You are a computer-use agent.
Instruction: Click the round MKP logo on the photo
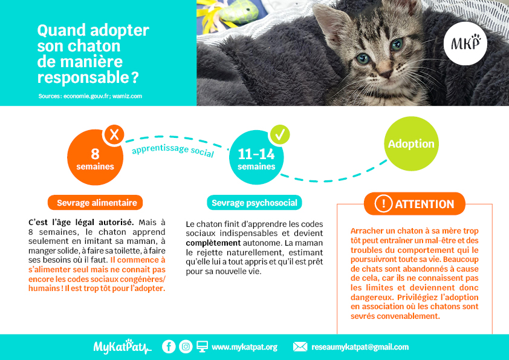click(x=465, y=44)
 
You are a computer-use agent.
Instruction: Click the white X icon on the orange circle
click(x=114, y=134)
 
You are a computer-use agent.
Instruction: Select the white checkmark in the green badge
click(x=280, y=134)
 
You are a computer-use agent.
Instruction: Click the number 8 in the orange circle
click(x=95, y=154)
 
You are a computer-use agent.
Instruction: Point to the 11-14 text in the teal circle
click(x=256, y=154)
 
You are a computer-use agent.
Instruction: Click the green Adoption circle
click(x=411, y=143)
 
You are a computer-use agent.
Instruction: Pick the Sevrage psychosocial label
click(x=254, y=203)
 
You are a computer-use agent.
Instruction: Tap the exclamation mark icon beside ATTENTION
click(x=383, y=203)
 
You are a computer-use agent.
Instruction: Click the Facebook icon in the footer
click(x=169, y=347)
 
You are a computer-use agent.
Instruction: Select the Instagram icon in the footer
click(x=186, y=347)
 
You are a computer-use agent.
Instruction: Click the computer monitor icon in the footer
click(x=203, y=347)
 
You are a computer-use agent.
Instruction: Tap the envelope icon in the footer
click(x=300, y=347)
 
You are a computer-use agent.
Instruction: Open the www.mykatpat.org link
click(x=244, y=347)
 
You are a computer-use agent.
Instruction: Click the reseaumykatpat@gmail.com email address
click(x=360, y=347)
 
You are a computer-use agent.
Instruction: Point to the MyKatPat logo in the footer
click(x=122, y=346)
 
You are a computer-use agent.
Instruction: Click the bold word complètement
click(x=213, y=243)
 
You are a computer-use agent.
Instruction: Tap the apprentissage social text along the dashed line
click(x=173, y=150)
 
